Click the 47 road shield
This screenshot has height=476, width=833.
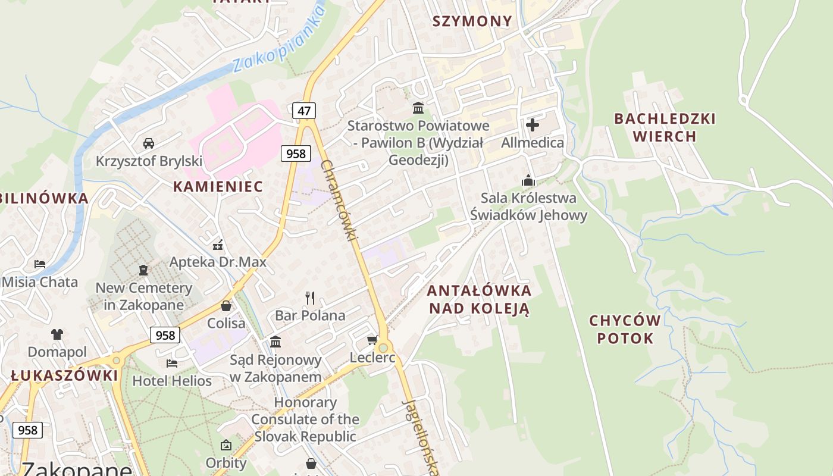(x=304, y=110)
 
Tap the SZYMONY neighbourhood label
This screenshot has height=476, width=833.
(x=472, y=21)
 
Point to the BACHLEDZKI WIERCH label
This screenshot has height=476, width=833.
(x=665, y=127)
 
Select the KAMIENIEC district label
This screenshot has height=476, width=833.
(x=218, y=186)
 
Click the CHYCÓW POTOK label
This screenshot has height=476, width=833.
(x=625, y=330)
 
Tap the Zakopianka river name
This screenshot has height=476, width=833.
(x=279, y=41)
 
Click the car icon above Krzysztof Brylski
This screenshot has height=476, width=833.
(x=149, y=143)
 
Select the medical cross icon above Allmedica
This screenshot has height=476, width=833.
(x=533, y=125)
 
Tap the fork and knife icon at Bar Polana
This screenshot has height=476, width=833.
(x=310, y=297)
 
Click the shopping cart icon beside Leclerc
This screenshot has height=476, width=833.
(x=372, y=340)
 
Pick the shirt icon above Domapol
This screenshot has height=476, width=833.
(x=57, y=334)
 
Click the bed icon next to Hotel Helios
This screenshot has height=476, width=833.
(x=172, y=363)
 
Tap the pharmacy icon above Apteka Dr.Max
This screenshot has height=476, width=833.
(x=218, y=245)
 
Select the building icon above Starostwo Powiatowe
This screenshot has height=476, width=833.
(x=418, y=108)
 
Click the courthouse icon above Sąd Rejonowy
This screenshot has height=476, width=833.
(x=275, y=342)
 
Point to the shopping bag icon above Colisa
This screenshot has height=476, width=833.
(x=226, y=306)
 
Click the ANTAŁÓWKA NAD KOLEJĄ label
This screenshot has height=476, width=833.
(x=479, y=299)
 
